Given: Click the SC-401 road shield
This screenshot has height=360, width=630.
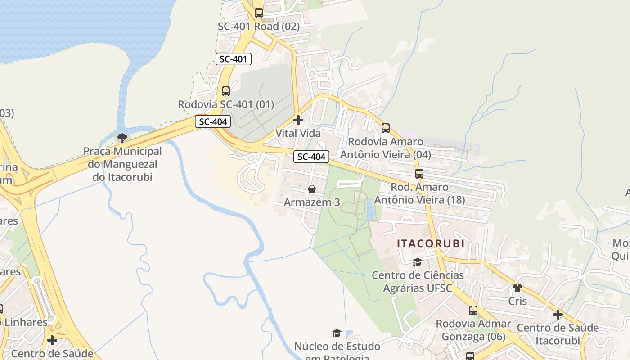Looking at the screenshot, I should [233, 59].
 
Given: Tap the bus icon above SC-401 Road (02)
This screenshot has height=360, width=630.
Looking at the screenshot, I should [258, 13].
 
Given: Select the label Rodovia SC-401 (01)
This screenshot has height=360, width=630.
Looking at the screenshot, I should [225, 104].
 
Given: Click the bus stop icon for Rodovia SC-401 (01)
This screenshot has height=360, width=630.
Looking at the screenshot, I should [225, 91].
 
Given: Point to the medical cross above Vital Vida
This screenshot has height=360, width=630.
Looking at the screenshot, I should [298, 120].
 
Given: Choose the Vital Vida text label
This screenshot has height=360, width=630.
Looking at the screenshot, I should [298, 134].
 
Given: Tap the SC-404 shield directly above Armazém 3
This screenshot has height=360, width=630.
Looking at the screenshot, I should [311, 157].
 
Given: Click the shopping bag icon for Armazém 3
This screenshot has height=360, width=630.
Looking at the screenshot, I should [311, 189].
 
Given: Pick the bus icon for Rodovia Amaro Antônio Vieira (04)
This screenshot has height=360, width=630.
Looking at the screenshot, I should [386, 128].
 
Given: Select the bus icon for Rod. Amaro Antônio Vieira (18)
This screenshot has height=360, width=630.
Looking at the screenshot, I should [419, 174].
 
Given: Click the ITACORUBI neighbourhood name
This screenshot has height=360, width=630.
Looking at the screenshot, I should [430, 244].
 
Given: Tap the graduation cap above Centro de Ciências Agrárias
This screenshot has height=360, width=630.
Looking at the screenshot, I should [417, 262].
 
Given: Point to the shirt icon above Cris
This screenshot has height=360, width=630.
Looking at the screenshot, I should [517, 288].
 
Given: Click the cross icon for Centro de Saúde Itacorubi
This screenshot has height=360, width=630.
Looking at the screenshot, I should [558, 315].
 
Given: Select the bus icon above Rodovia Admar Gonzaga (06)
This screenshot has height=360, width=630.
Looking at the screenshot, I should [473, 310].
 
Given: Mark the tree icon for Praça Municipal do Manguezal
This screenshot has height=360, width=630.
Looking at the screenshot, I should [122, 138].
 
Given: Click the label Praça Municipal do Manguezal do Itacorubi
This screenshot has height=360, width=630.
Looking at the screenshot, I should [122, 164].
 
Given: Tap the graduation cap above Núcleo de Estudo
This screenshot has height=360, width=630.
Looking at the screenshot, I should [337, 333].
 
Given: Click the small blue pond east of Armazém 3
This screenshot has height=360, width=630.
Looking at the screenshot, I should [370, 210].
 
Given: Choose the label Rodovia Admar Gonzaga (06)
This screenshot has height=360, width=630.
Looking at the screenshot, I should [473, 330].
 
